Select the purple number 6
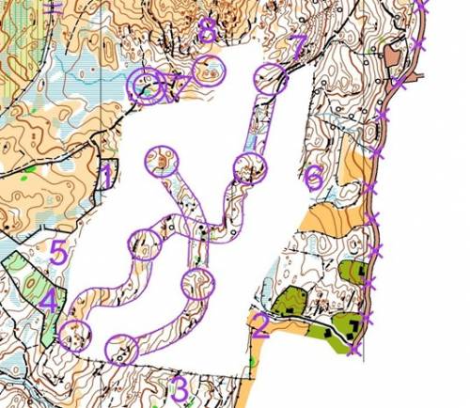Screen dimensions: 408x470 tap(314, 176)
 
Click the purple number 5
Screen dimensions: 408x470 tap(58, 252)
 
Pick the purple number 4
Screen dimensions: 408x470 tap(47, 301)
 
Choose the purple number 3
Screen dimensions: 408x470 tap(179, 386)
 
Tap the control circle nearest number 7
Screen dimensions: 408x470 tap(270, 80)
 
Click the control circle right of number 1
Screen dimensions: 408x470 tap(162, 163)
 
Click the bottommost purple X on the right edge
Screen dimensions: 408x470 tap(353, 350)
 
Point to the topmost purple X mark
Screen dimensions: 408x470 tap(422, 6)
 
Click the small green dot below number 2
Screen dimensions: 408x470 tap(253, 362)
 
